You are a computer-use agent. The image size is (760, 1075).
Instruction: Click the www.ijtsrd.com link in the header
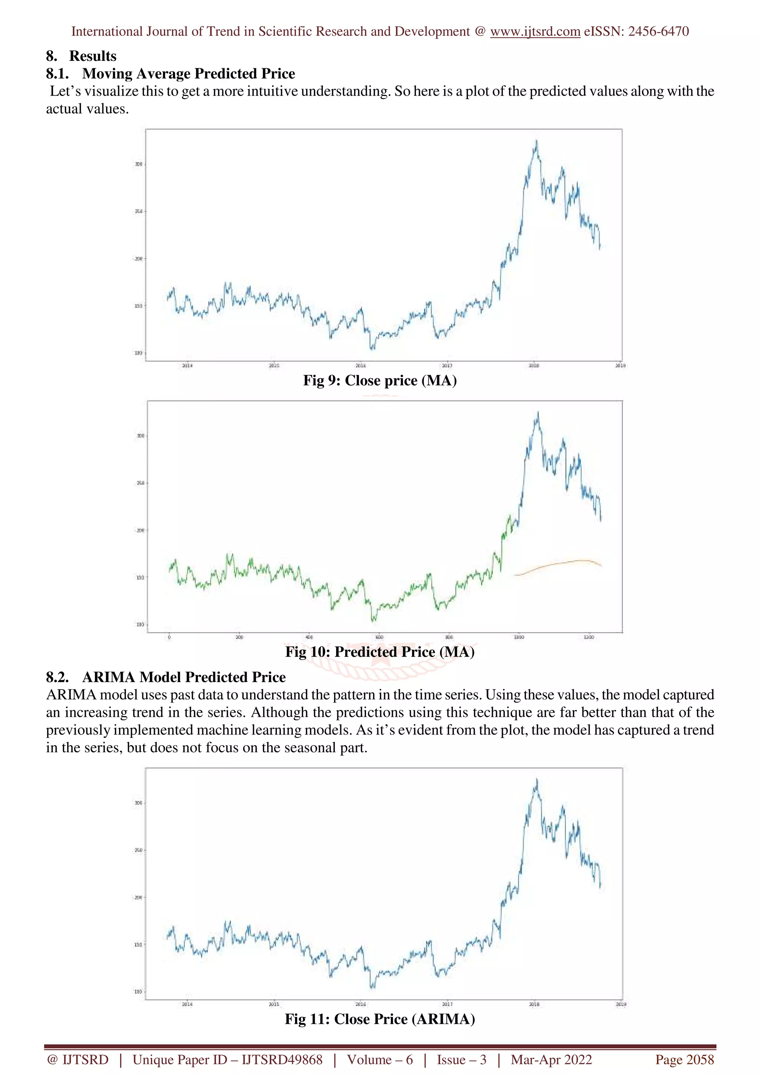tap(535, 32)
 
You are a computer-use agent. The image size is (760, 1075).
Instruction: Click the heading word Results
tap(93, 56)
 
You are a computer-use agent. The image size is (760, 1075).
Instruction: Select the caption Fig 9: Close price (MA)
tap(380, 380)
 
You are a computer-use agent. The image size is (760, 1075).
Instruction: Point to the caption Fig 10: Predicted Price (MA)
tap(380, 652)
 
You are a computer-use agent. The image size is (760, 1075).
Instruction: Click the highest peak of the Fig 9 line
tap(536, 141)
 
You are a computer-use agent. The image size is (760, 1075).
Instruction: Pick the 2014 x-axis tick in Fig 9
tap(187, 366)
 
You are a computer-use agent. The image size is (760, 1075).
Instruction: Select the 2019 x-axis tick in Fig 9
tap(620, 366)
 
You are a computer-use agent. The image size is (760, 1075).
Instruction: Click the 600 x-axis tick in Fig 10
tap(379, 637)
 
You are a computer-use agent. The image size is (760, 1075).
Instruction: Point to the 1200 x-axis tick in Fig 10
tap(589, 637)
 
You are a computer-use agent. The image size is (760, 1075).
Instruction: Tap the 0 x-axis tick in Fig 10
tap(169, 637)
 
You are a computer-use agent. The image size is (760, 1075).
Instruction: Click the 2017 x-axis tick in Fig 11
tap(447, 1004)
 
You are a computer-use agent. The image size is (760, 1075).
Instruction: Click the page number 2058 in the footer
tap(699, 1059)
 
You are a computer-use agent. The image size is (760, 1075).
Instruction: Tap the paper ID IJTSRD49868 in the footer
tap(282, 1059)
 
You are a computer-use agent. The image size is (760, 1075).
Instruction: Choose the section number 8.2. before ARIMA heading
tap(57, 677)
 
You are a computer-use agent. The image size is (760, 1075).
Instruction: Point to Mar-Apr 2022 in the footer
tap(551, 1059)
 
